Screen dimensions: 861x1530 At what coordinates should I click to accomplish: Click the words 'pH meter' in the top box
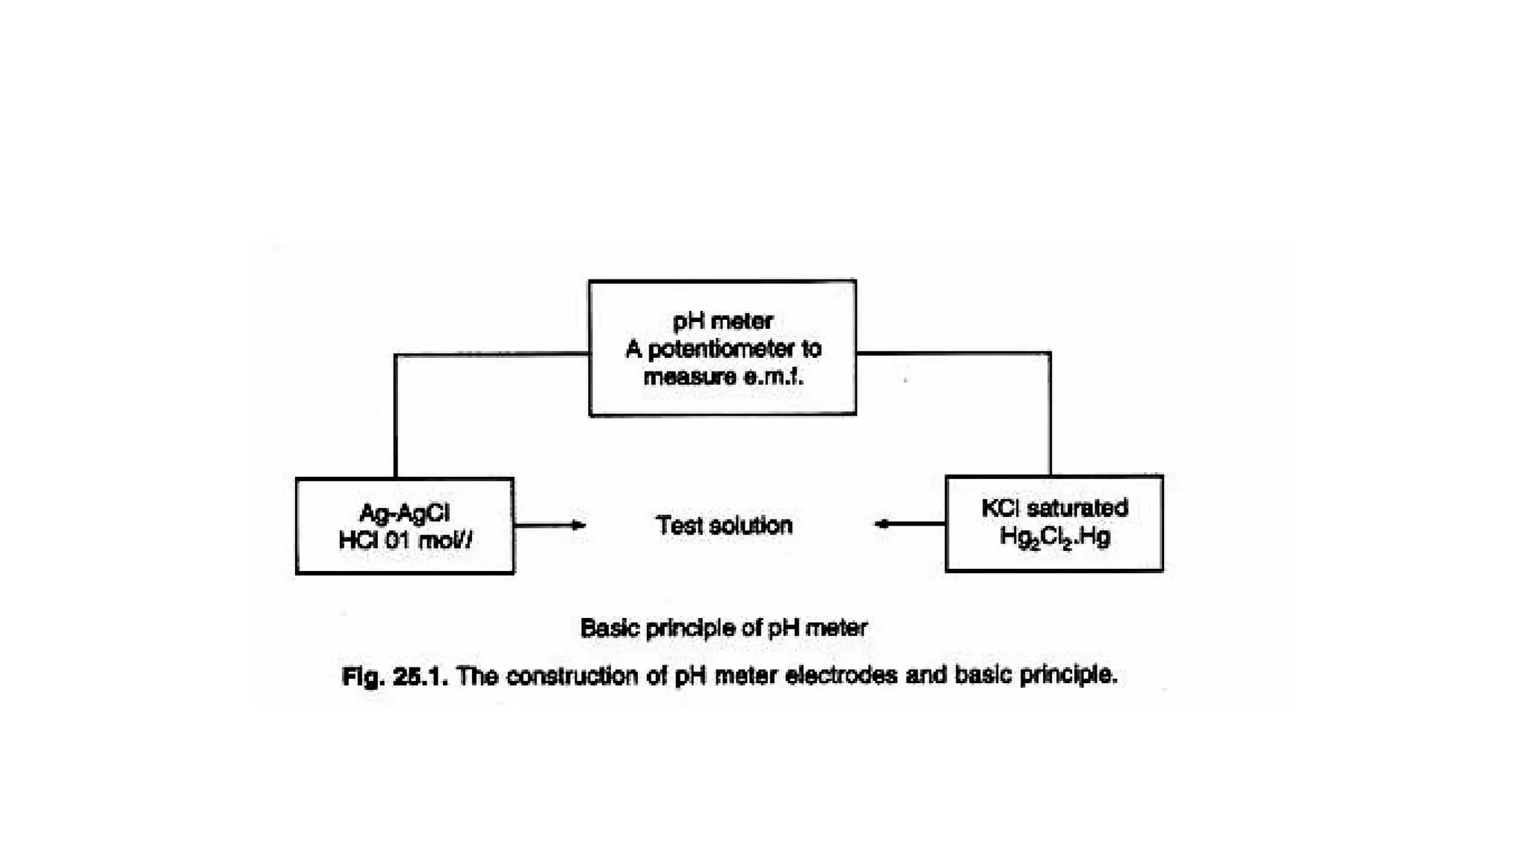[x=722, y=321]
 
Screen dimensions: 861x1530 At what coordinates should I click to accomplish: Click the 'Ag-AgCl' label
[x=404, y=512]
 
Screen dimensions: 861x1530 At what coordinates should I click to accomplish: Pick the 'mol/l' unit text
[x=445, y=540]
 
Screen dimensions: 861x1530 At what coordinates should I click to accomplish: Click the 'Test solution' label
[x=724, y=525]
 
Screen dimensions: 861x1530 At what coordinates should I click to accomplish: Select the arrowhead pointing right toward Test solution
[x=579, y=525]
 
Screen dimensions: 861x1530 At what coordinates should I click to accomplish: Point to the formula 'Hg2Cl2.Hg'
[x=1054, y=537]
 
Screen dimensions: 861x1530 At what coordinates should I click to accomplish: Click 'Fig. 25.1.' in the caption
[x=394, y=676]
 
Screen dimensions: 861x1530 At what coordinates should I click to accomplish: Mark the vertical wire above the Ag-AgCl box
[x=395, y=419]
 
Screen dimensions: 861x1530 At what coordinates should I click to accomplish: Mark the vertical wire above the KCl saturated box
[x=1050, y=415]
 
